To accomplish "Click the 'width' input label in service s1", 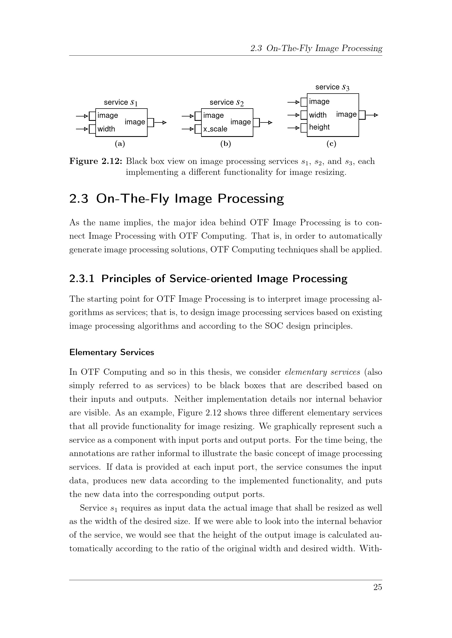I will click(106, 129).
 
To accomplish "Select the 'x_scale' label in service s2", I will click(215, 129).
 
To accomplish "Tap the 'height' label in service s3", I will click(319, 127).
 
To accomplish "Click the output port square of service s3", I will click(362, 115).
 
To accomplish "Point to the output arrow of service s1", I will click(161, 122).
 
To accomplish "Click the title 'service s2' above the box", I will click(226, 103).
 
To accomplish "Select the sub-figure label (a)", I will click(120, 144).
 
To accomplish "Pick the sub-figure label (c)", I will click(331, 144).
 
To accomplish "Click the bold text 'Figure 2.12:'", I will click(95, 161).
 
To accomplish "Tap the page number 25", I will click(377, 587).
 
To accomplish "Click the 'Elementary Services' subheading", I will click(111, 352).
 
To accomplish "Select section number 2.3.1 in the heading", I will click(82, 279).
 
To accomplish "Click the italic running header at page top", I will click(316, 48).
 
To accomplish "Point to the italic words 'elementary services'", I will click(322, 372).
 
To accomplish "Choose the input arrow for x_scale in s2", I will click(188, 129).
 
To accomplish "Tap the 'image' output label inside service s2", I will click(240, 122).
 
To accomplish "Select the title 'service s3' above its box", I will click(332, 87).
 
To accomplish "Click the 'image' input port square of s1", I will click(92, 116).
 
